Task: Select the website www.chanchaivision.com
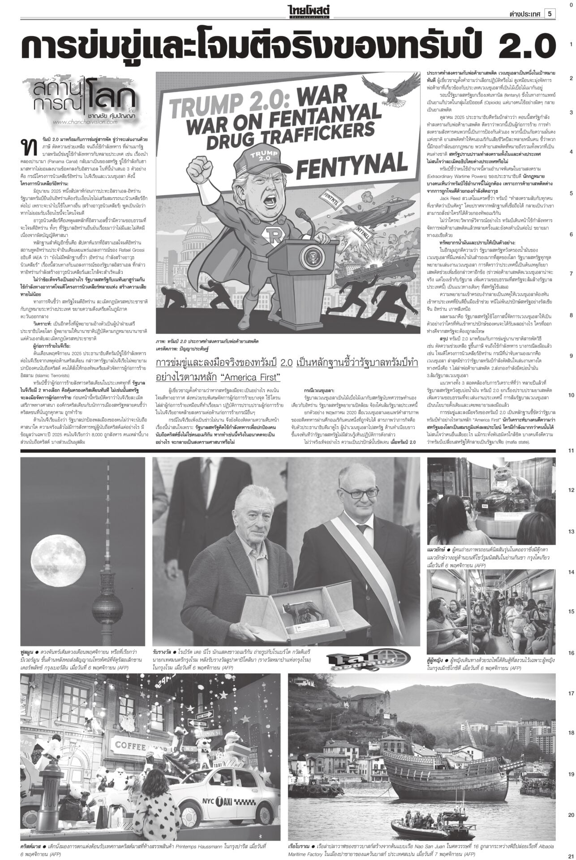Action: [x=85, y=121]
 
